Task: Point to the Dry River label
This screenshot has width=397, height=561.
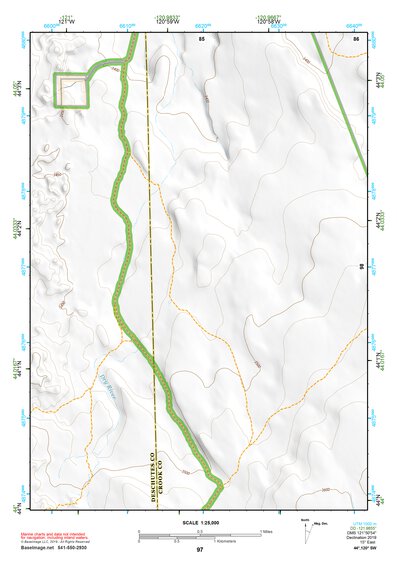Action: (112, 385)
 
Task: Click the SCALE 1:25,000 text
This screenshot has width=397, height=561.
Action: (197, 523)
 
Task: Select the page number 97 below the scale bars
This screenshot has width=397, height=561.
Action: (200, 551)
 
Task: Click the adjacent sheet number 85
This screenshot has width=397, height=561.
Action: (201, 37)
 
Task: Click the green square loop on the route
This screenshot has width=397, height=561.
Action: (72, 89)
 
